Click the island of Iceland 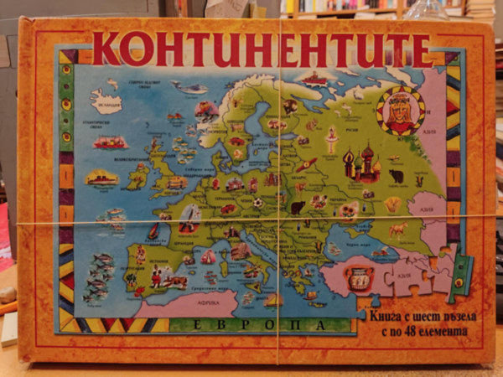107,102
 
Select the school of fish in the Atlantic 100,276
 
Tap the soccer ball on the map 257,203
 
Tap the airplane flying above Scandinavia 191,88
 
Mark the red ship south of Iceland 111,142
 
